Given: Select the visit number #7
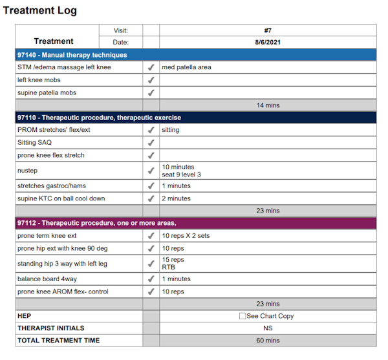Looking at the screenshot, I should tap(268, 30).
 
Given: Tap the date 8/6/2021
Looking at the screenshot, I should tap(268, 42).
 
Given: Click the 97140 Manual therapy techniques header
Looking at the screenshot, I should tap(72, 55).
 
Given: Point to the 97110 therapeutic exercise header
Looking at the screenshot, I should tap(99, 118).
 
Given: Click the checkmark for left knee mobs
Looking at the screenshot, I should tap(151, 80).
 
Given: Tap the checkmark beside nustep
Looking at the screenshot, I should tap(151, 171).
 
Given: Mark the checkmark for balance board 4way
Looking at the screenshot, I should tap(151, 279).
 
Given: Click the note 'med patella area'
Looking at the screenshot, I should tap(186, 67).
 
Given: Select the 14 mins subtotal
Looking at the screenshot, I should tap(268, 105).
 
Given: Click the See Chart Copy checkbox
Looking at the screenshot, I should tap(242, 316).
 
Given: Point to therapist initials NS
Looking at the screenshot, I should tap(268, 328).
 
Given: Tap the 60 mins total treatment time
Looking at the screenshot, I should tap(268, 341).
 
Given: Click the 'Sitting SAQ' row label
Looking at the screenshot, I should tap(35, 143).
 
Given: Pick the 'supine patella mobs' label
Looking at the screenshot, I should tap(47, 92).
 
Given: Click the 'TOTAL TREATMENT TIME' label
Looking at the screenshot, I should tap(58, 341).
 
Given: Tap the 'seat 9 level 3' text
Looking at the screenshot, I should tap(182, 175).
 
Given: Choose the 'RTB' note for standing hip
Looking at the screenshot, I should tap(169, 267).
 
